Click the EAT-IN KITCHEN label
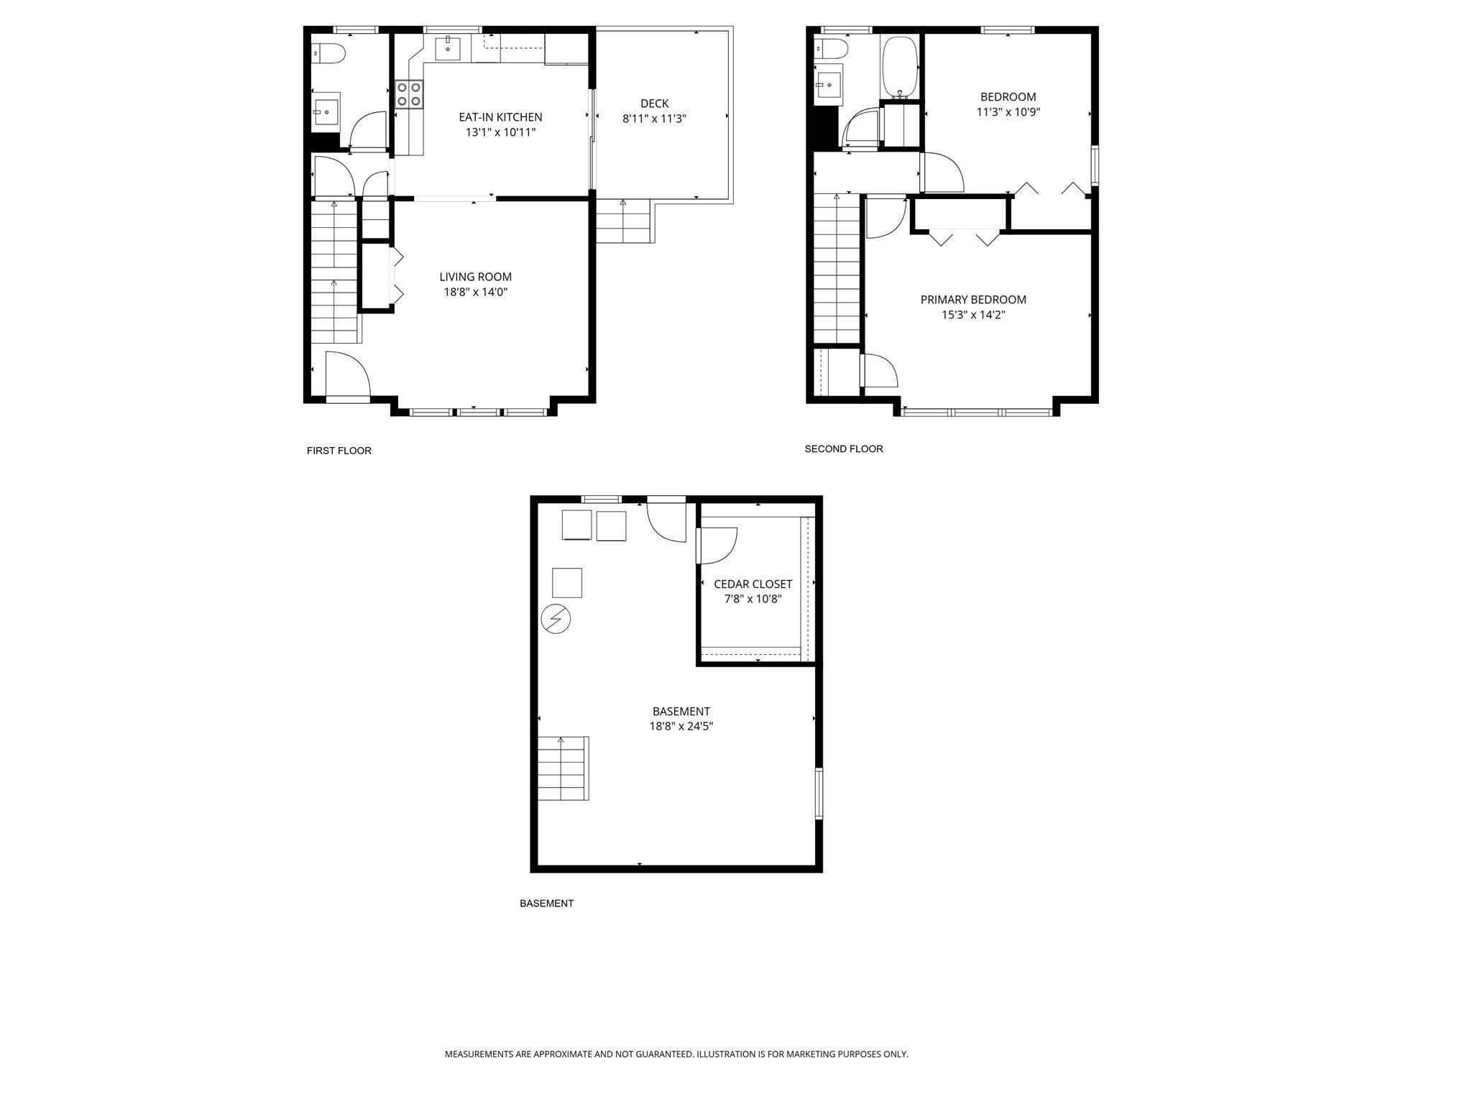click(500, 117)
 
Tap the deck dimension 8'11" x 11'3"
click(654, 119)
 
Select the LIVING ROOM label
click(475, 277)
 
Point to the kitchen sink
click(447, 49)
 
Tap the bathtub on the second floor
click(899, 68)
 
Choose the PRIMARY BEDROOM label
click(973, 300)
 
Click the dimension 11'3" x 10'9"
click(1008, 112)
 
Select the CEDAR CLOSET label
click(753, 584)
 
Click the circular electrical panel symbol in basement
click(556, 619)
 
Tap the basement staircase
click(563, 768)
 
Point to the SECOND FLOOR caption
click(843, 448)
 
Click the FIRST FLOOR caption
click(339, 451)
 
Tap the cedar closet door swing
click(717, 546)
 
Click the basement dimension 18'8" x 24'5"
click(681, 726)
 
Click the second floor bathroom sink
click(829, 84)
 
